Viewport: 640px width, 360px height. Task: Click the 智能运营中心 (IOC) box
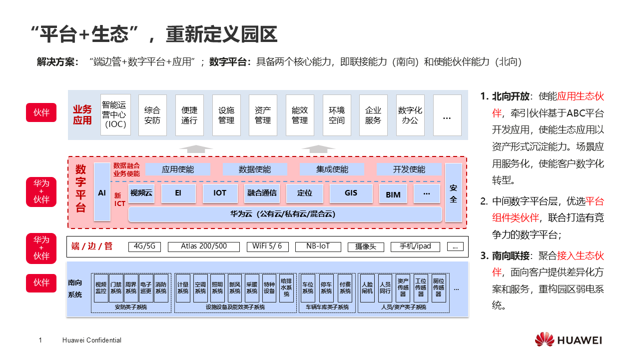coord(115,115)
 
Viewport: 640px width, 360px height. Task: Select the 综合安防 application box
coord(152,115)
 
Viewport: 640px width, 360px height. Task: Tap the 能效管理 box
coord(300,115)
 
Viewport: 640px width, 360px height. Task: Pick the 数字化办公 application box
coord(410,115)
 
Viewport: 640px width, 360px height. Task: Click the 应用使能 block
coord(178,169)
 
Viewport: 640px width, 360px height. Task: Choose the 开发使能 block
coord(409,169)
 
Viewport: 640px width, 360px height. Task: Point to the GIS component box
coord(351,193)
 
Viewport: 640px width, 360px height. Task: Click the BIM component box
coord(393,194)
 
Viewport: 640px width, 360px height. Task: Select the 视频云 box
coord(141,193)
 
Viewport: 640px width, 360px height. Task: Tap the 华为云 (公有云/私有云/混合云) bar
coord(285,214)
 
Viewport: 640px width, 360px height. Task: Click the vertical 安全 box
coord(454,193)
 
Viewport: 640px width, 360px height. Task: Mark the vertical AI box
coord(102,192)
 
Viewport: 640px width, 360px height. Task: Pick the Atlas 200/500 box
coord(204,246)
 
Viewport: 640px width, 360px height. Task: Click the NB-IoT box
coord(318,246)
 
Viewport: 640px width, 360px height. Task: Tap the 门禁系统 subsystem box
coord(116,287)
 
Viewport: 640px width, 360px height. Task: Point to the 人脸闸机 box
coord(367,287)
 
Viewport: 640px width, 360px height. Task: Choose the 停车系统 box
coord(326,287)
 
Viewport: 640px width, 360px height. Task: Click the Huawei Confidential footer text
coord(92,340)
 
